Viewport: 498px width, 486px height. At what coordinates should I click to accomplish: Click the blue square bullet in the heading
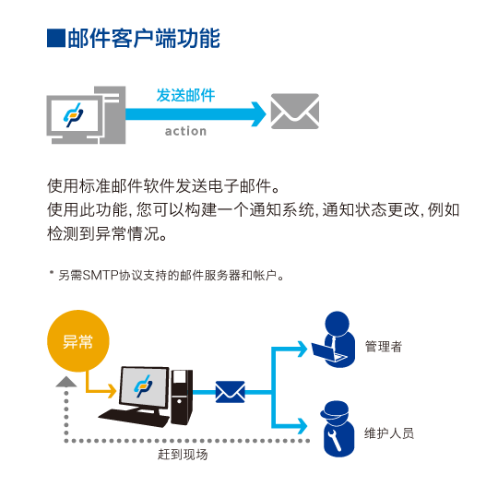[x=56, y=38]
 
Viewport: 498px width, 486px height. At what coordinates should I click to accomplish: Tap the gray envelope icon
[x=295, y=112]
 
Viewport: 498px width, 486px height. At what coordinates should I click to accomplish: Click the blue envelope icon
[x=231, y=392]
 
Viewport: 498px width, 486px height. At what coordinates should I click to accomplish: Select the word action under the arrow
[x=185, y=131]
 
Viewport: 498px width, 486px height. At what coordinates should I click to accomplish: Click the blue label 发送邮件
[x=185, y=95]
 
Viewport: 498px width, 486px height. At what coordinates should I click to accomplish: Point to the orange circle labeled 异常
[x=78, y=341]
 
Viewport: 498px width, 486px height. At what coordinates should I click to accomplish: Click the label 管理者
[x=384, y=346]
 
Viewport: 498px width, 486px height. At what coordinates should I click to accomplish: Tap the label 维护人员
[x=389, y=433]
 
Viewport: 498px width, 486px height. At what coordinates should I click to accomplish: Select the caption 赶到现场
[x=183, y=455]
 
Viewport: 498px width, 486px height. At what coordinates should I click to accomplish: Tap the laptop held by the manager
[x=328, y=352]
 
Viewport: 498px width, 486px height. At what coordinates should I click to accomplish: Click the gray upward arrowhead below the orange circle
[x=66, y=382]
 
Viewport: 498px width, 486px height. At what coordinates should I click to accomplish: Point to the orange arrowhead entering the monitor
[x=113, y=391]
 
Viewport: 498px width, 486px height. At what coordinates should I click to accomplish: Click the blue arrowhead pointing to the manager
[x=302, y=350]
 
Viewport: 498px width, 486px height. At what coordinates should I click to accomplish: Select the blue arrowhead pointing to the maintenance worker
[x=302, y=426]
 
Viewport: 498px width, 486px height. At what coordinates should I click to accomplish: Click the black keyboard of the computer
[x=134, y=417]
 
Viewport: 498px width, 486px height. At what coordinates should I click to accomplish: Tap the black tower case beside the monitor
[x=182, y=397]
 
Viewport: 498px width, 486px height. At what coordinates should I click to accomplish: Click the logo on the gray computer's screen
[x=74, y=115]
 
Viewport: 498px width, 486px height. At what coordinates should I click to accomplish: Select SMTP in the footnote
[x=101, y=275]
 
